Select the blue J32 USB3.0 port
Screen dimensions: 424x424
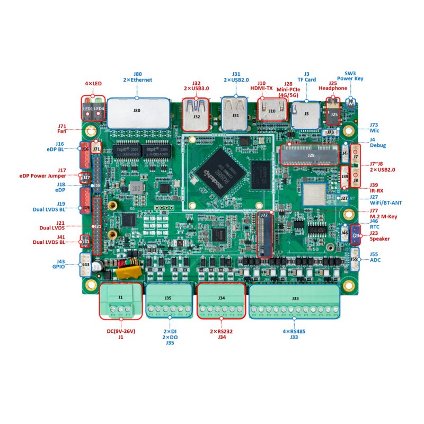(196, 114)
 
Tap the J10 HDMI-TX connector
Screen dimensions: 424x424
(271, 111)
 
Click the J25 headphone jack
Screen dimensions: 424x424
(333, 112)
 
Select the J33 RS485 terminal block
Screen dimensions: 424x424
(294, 301)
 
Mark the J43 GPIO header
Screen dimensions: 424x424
(85, 264)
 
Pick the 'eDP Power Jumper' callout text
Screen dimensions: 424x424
(42, 175)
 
